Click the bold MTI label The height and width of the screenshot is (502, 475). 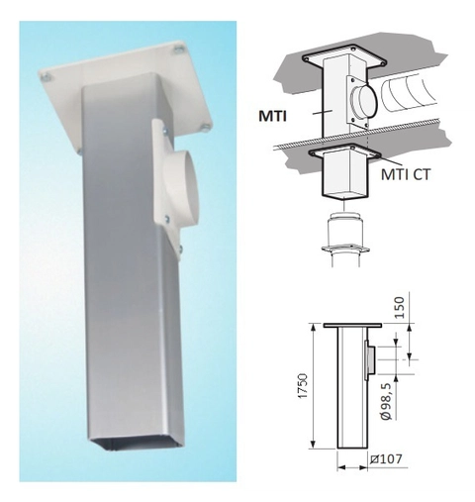(272, 116)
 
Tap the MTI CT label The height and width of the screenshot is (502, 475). (406, 174)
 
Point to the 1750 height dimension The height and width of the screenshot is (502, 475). (303, 385)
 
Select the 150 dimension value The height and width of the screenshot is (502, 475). (399, 307)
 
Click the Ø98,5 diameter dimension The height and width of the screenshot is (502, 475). (386, 401)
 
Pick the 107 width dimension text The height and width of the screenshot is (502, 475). (386, 459)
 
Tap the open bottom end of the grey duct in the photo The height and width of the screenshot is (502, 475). (136, 445)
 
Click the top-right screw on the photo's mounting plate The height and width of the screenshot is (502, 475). (178, 49)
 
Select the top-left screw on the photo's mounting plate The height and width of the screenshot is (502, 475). (46, 77)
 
